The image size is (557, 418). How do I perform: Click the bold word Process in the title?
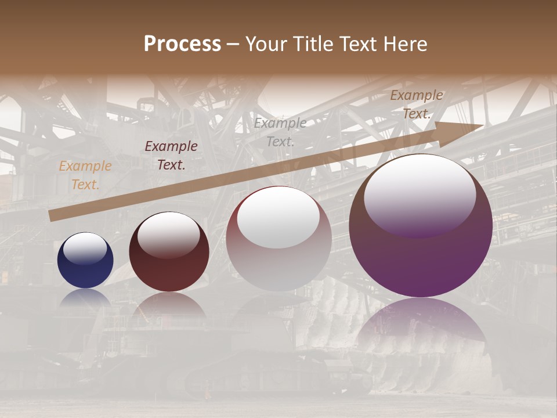(182, 44)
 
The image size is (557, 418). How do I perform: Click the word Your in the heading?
(267, 44)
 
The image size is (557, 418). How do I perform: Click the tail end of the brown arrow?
(51, 215)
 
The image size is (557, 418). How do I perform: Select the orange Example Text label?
(85, 175)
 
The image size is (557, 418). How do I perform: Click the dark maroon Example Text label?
(171, 156)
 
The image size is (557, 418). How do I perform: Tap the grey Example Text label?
(280, 132)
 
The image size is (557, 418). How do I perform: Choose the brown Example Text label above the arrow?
(417, 105)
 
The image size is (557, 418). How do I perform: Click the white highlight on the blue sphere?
(85, 248)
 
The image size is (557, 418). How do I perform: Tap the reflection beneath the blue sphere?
(85, 298)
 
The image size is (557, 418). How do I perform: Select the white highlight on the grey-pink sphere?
(278, 217)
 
